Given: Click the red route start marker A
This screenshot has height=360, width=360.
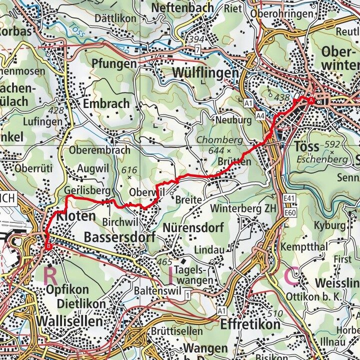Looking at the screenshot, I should coord(311,100).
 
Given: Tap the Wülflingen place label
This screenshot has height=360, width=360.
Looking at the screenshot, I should coord(205,73).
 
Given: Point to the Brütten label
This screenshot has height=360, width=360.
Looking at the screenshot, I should coord(234,162).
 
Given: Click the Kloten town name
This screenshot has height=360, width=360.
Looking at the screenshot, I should coord(76,216).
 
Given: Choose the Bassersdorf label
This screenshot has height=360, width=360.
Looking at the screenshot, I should coord(119,236).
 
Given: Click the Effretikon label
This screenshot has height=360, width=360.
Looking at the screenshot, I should coord(250,324).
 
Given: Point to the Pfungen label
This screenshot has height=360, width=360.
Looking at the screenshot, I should coord(114,64).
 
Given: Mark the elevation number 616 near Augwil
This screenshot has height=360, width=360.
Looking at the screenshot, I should coord(128,170).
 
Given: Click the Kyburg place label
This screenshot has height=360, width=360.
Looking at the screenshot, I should coord(329,225).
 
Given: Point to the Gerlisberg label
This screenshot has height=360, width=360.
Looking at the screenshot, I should coord(86,190).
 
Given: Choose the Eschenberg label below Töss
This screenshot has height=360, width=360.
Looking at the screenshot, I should coord(321,159).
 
